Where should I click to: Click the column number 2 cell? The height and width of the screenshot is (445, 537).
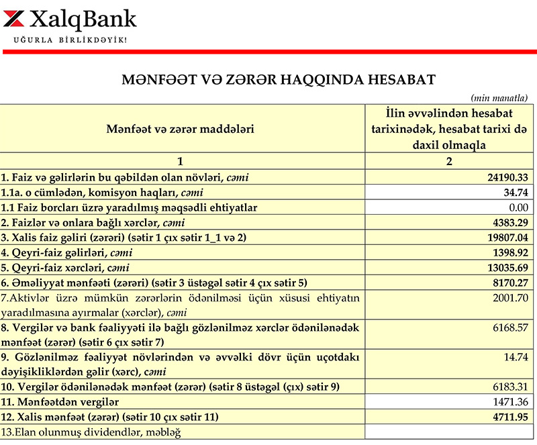(450, 162)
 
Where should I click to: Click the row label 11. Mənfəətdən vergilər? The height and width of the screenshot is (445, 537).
(60, 402)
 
